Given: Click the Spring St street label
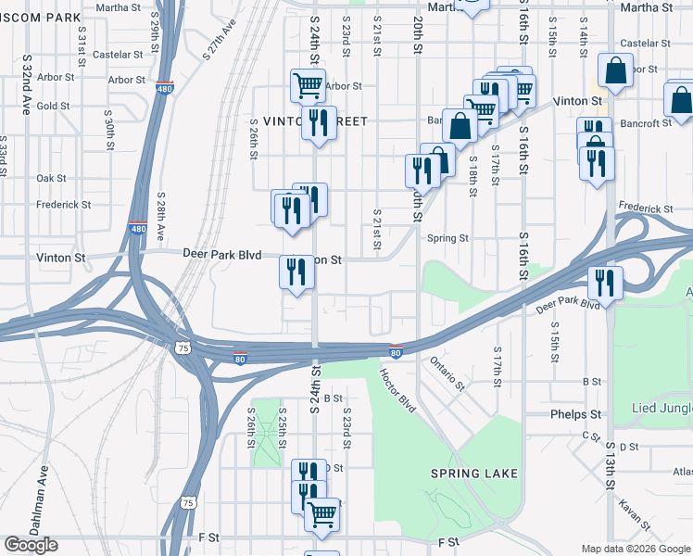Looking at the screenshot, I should point(447,238).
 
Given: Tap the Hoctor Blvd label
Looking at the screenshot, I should point(397,387).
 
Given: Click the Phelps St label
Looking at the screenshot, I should point(576,414).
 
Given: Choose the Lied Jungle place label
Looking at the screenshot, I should point(661,408).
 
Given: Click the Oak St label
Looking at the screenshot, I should point(51,178).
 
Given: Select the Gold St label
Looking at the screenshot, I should point(53,106).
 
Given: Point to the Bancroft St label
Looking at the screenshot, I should point(640,123).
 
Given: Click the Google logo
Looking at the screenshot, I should point(31,545).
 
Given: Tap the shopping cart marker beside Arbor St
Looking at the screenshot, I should point(308,85).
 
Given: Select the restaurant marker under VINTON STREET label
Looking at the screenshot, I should point(319,122).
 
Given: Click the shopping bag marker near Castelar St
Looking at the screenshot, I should point(615,69).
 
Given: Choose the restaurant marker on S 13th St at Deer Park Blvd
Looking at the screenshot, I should point(605,282).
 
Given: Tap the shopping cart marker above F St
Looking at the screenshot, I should point(321,513).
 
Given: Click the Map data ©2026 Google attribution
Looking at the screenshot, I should point(636,549).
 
